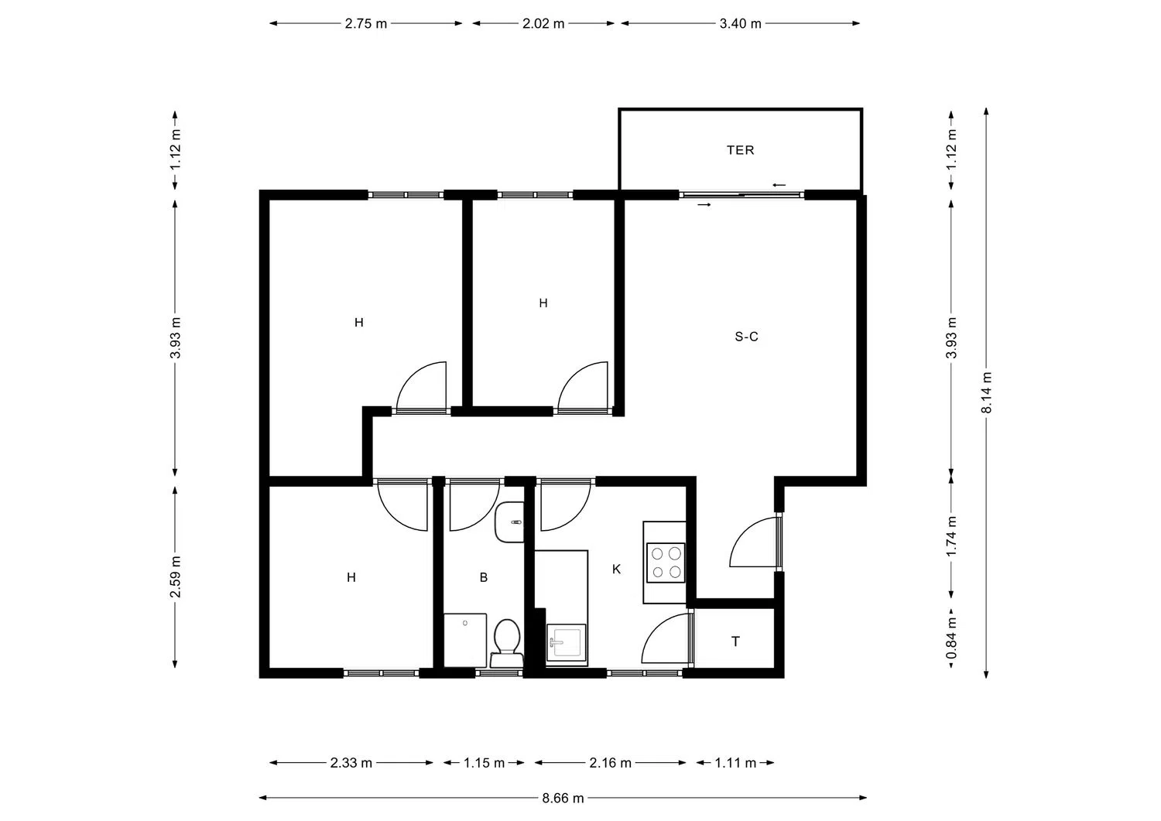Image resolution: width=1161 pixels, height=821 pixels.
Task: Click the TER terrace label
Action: click(x=740, y=150)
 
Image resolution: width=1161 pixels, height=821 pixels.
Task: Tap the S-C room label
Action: click(x=746, y=337)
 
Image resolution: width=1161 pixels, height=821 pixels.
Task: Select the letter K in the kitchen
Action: click(x=616, y=569)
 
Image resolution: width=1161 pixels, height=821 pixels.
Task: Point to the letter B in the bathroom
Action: click(x=484, y=577)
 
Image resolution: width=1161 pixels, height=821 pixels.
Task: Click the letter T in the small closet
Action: click(x=735, y=641)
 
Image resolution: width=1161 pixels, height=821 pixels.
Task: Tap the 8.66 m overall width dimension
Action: click(x=563, y=799)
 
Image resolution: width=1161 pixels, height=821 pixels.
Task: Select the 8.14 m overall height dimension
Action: click(x=986, y=393)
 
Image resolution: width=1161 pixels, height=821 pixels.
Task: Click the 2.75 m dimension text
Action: click(x=366, y=24)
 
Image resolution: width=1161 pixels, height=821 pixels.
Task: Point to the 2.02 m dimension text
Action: click(x=543, y=24)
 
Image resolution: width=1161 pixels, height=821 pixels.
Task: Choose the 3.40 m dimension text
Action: click(x=740, y=24)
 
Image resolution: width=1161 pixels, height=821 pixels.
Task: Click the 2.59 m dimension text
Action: click(x=175, y=577)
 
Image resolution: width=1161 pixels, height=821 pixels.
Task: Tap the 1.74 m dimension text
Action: click(x=951, y=536)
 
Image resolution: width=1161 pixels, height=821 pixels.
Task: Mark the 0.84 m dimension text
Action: click(x=951, y=638)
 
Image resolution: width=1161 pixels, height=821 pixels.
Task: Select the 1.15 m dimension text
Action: click(x=484, y=763)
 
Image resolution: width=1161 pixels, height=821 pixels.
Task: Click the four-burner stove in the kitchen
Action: click(x=666, y=563)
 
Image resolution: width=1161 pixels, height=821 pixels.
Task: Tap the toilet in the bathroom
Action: click(x=506, y=643)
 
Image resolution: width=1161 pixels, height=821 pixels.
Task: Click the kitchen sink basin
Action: click(x=566, y=643)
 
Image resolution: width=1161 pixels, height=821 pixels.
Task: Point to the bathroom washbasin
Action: click(x=509, y=522)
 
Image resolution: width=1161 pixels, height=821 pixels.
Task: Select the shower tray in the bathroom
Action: click(x=465, y=640)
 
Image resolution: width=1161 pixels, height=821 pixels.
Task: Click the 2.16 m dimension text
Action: click(x=610, y=763)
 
